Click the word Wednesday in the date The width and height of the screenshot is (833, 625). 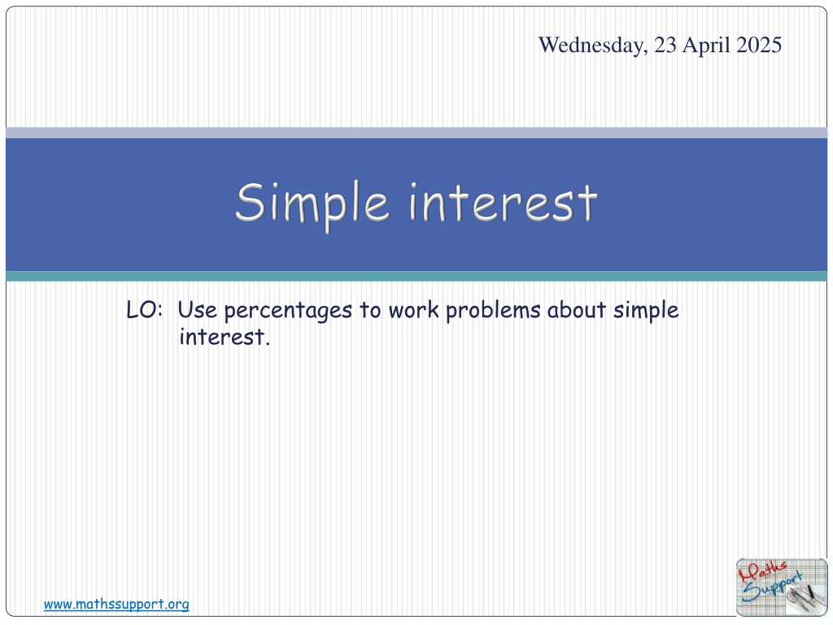click(593, 46)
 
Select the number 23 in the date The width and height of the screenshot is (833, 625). click(665, 46)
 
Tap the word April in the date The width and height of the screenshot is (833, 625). click(706, 46)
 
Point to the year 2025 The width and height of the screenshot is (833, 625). click(759, 46)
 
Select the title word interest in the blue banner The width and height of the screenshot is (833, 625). click(504, 203)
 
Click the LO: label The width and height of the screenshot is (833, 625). click(144, 310)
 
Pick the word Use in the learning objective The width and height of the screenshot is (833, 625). click(197, 310)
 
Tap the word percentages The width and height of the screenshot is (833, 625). click(288, 312)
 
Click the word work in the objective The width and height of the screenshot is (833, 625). click(413, 310)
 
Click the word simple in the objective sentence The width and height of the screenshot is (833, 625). click(646, 311)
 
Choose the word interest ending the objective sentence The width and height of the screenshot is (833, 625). click(225, 337)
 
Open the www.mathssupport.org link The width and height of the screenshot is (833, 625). click(116, 605)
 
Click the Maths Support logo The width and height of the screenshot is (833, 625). click(782, 588)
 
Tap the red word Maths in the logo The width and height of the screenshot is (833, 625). click(761, 573)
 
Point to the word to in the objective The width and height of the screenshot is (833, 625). click(370, 310)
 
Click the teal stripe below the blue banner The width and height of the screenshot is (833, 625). click(416, 277)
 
